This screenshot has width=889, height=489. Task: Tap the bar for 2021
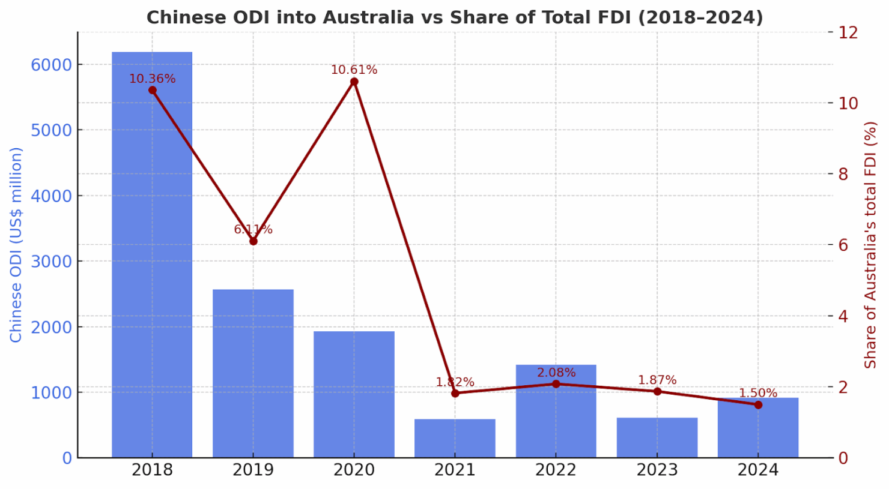pyautogui.click(x=455, y=438)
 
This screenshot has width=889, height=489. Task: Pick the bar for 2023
pyautogui.click(x=657, y=437)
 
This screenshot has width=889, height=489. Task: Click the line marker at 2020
pyautogui.click(x=354, y=82)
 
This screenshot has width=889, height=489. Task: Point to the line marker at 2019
pyautogui.click(x=253, y=241)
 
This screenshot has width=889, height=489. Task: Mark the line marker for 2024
pyautogui.click(x=758, y=405)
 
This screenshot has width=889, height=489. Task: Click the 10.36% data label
pyautogui.click(x=152, y=79)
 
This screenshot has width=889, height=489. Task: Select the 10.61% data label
pyautogui.click(x=354, y=70)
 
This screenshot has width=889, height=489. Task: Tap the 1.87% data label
pyautogui.click(x=657, y=380)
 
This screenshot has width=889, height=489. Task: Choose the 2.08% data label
pyautogui.click(x=556, y=373)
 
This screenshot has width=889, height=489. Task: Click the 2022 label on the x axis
pyautogui.click(x=556, y=470)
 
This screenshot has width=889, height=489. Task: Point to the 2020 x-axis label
pyautogui.click(x=354, y=470)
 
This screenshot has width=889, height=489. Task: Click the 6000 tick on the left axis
pyautogui.click(x=51, y=65)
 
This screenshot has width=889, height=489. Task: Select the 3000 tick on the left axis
pyautogui.click(x=51, y=262)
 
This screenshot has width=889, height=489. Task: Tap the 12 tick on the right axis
pyautogui.click(x=848, y=32)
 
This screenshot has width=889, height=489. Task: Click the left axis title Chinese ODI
pyautogui.click(x=16, y=245)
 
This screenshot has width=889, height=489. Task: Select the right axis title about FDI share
pyautogui.click(x=870, y=245)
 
